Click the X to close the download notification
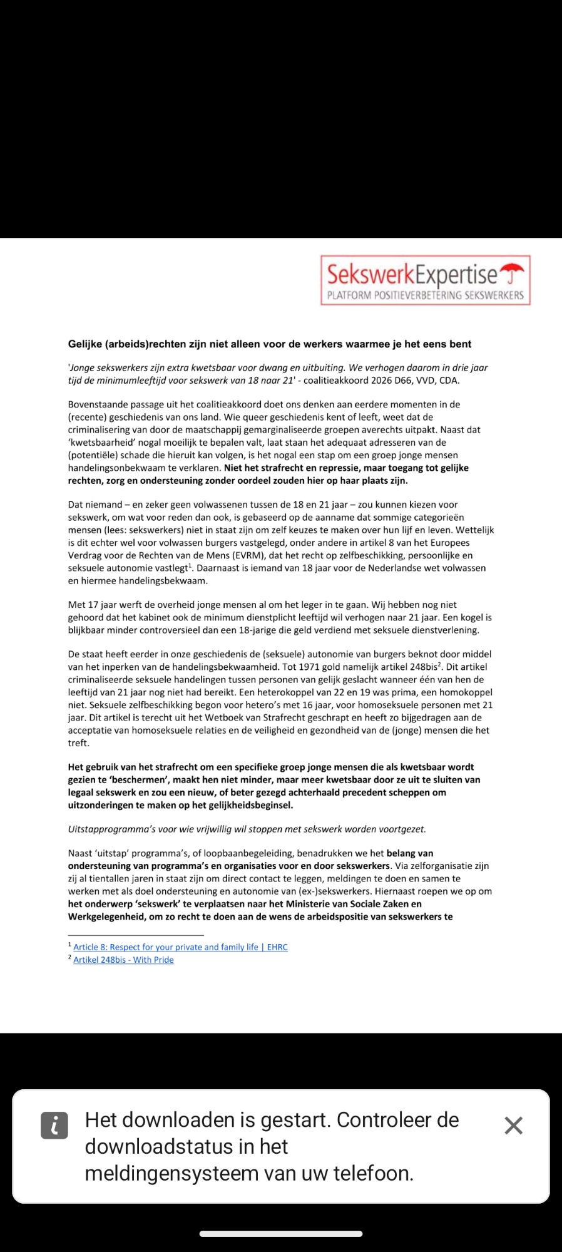click(x=513, y=1126)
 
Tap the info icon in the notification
click(x=54, y=1126)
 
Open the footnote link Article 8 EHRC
click(x=180, y=947)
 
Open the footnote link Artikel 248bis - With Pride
click(x=123, y=960)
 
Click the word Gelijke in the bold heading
click(x=85, y=344)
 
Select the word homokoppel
click(x=464, y=692)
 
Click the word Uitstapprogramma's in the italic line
click(x=107, y=829)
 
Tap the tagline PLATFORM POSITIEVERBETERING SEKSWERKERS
click(x=426, y=295)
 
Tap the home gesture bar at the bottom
click(x=281, y=1234)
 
